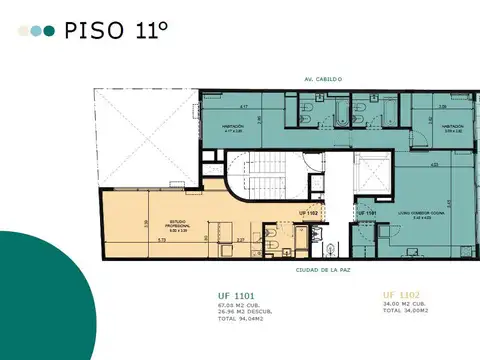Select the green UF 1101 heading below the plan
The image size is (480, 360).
click(238, 295)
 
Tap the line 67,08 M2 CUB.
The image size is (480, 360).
click(241, 304)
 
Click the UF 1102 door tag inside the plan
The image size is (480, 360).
click(310, 213)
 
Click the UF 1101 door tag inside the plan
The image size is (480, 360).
click(367, 213)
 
